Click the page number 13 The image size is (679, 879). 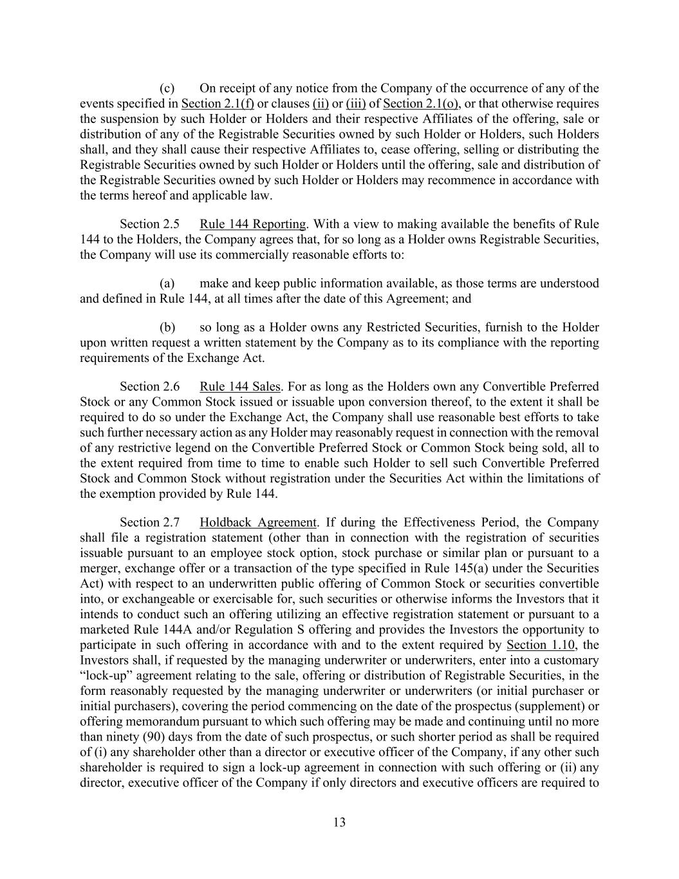(340, 822)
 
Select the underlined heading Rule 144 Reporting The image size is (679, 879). (252, 224)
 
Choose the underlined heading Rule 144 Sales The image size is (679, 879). (240, 386)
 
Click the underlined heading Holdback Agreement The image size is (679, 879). (258, 522)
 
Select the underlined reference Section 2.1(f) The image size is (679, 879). (218, 104)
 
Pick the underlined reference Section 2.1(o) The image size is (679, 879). (420, 104)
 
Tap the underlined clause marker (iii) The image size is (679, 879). (356, 104)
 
